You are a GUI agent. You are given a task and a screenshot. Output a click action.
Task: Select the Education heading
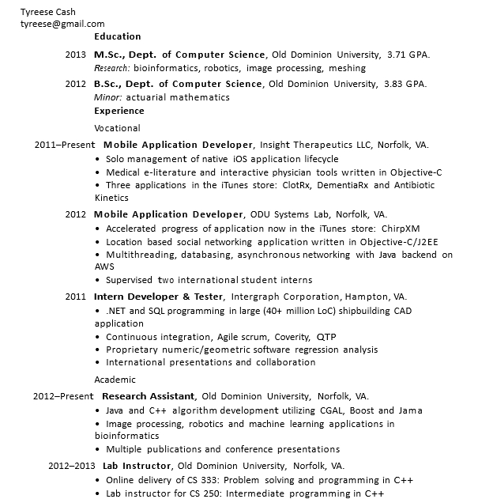coord(118,36)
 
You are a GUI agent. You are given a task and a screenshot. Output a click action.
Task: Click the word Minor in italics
coord(107,97)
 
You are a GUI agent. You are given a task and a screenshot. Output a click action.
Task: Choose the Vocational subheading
coord(117,128)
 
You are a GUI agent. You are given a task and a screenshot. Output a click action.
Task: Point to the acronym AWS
coord(104,267)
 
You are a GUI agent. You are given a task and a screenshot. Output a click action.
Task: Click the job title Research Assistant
coord(149,396)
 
